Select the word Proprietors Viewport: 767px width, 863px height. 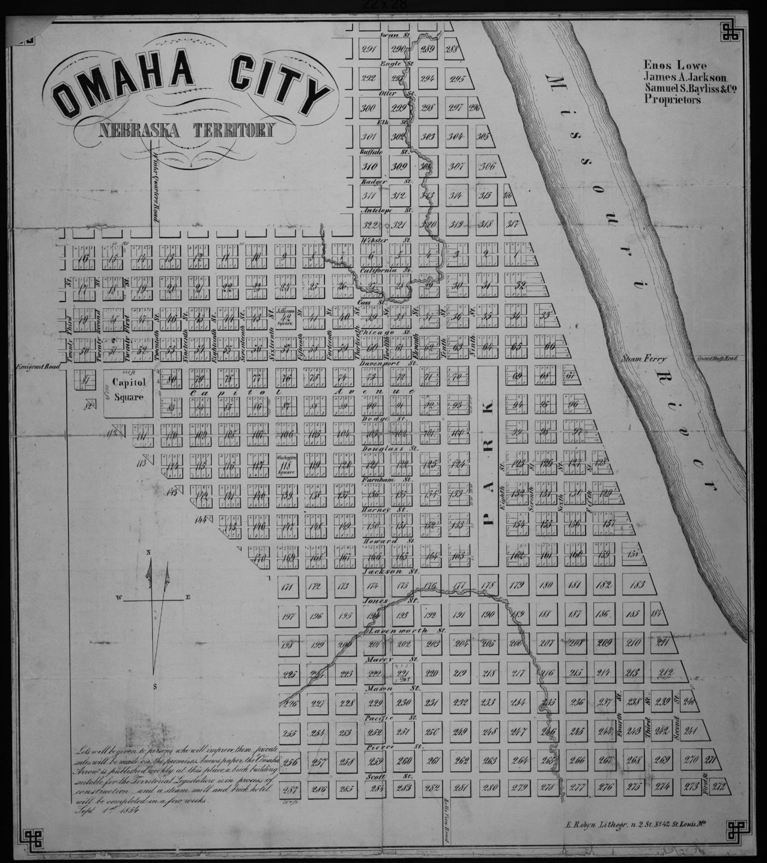(x=672, y=99)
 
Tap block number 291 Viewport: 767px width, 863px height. (x=368, y=50)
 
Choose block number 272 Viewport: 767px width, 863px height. (x=718, y=786)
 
